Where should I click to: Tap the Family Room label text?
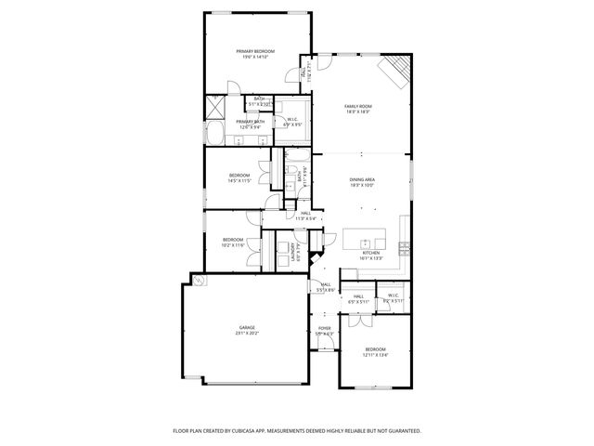(358, 109)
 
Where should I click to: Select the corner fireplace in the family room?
(398, 70)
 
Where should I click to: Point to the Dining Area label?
(361, 182)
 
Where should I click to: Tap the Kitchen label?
(370, 255)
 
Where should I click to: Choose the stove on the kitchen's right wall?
(405, 248)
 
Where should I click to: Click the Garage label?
(247, 330)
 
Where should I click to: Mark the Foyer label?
(324, 330)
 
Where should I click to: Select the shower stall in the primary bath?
(214, 107)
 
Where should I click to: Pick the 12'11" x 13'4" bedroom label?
(375, 351)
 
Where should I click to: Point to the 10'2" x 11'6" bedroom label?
(233, 242)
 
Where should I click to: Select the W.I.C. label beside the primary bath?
(291, 121)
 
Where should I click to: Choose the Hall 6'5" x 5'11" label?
(358, 299)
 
